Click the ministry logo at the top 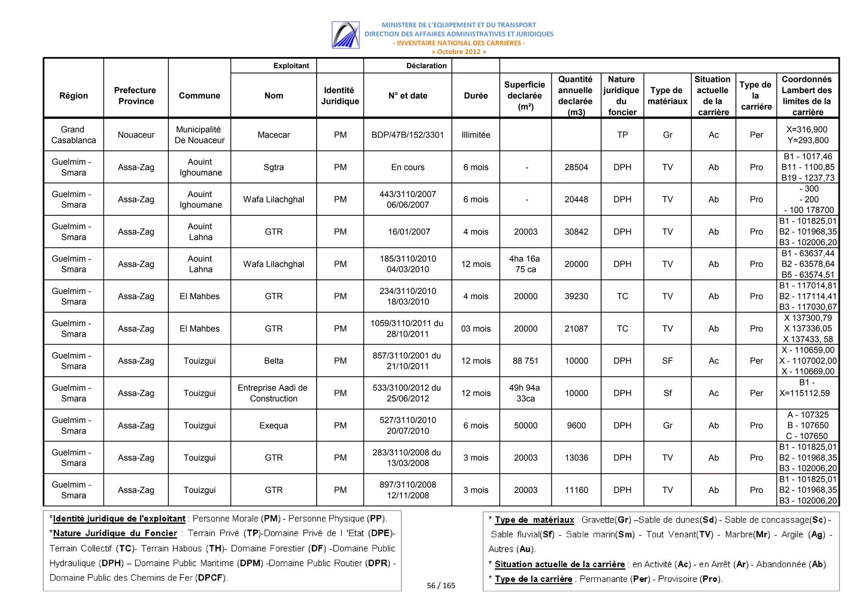(x=345, y=35)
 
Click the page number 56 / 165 (x=441, y=585)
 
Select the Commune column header (x=199, y=96)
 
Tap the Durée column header (x=475, y=96)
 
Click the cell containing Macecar (x=273, y=135)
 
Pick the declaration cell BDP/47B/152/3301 (x=407, y=135)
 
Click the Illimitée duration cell (x=475, y=135)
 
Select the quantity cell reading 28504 (x=576, y=167)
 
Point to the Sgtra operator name (x=273, y=167)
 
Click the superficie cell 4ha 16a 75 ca (x=525, y=264)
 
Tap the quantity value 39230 (x=576, y=296)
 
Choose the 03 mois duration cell (x=475, y=328)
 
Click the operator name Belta (x=273, y=361)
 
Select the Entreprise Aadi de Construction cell (x=273, y=393)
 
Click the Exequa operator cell (x=273, y=425)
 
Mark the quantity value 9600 (x=576, y=425)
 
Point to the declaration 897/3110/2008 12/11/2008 (x=407, y=490)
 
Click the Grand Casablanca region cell (x=74, y=135)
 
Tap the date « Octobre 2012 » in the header (x=458, y=52)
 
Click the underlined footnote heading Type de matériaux (x=534, y=520)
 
